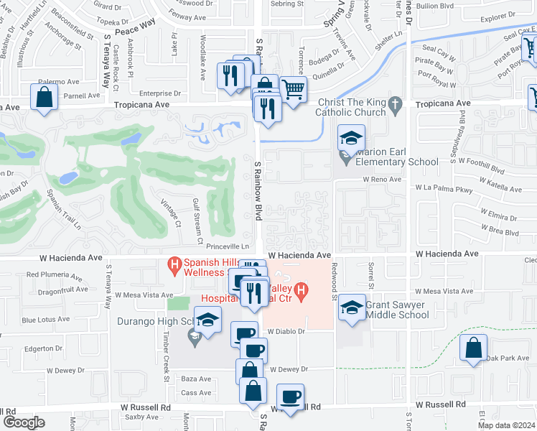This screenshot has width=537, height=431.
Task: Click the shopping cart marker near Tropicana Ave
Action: (x=293, y=90)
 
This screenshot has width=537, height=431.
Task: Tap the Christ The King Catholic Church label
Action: (x=351, y=107)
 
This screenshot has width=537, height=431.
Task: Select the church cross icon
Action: (x=395, y=106)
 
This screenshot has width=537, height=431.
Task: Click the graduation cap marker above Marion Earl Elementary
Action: (x=351, y=138)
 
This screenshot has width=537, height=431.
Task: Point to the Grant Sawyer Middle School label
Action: (x=397, y=310)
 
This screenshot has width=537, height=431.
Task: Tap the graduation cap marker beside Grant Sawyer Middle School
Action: (x=352, y=307)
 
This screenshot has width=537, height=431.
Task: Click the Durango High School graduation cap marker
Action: (x=207, y=320)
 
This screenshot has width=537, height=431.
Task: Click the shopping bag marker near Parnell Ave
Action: (x=45, y=97)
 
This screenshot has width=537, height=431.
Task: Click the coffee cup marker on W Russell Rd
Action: (x=290, y=397)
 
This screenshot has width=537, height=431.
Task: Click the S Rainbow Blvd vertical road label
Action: (x=257, y=190)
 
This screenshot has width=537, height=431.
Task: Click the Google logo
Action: (x=24, y=422)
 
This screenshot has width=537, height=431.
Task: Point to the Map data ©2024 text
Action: (x=506, y=425)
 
